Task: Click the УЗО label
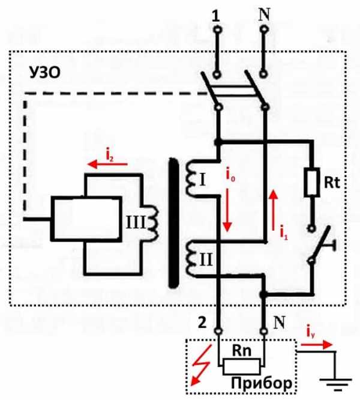44,74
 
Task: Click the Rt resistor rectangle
311,184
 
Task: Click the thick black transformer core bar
174,223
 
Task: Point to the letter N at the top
263,14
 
